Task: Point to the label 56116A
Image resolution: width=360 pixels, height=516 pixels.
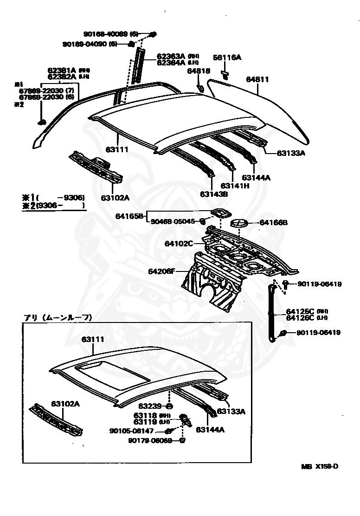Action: pos(227,58)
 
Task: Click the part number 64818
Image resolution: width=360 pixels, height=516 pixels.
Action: pos(199,71)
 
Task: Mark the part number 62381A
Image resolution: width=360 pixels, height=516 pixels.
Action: pos(62,71)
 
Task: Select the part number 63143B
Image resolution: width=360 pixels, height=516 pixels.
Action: pos(214,194)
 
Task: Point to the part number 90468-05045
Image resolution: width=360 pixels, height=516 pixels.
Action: pos(173,221)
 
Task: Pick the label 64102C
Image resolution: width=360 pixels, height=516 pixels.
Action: pos(179,243)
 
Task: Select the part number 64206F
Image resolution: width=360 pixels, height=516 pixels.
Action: pos(162,271)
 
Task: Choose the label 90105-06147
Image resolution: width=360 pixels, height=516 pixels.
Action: pos(131,431)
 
